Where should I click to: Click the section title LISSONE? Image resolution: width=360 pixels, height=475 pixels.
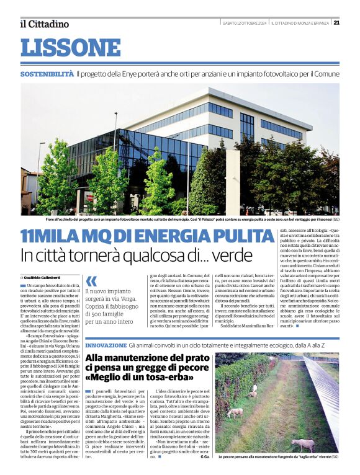[x=70, y=47]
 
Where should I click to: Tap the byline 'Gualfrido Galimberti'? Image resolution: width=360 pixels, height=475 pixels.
[x=47, y=277]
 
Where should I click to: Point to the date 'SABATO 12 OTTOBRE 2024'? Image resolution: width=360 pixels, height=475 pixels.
[x=245, y=24]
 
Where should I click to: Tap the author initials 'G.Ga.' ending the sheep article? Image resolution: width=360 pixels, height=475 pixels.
[x=205, y=457]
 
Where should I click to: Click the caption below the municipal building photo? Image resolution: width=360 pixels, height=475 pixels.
[x=180, y=219]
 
